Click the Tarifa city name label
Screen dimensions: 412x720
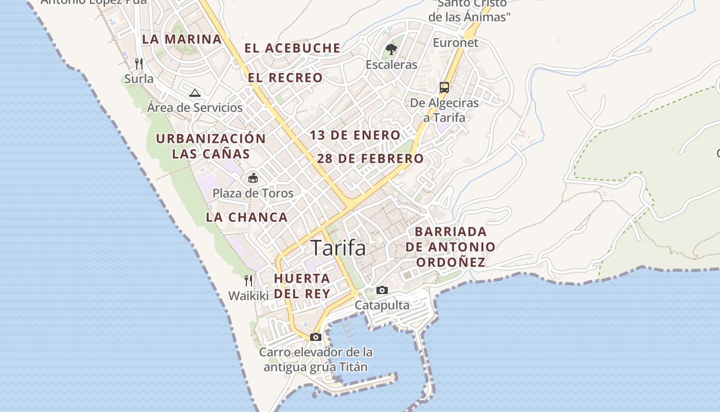[338, 248]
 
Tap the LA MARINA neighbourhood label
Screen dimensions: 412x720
[182, 39]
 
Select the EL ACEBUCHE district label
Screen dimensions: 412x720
[292, 48]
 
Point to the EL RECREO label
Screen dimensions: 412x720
[285, 78]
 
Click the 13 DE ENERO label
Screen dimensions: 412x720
[355, 135]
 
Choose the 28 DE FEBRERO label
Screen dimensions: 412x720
[370, 159]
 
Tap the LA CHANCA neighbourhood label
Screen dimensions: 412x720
[247, 217]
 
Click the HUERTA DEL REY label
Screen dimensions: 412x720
[302, 286]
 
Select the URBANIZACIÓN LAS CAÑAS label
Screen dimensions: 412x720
[211, 146]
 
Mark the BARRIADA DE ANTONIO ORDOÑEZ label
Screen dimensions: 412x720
[451, 247]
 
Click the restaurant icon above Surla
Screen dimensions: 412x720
[138, 64]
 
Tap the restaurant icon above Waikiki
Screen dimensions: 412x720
[248, 281]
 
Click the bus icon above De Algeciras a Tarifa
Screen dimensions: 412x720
[444, 88]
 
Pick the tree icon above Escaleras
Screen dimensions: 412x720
[391, 50]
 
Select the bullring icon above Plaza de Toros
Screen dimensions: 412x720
[253, 178]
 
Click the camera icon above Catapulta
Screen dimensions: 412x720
[382, 290]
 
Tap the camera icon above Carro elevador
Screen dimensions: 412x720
[315, 337]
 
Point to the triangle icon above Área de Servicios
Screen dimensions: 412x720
[194, 93]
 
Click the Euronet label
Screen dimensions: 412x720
[456, 43]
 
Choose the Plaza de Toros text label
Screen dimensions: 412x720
[253, 194]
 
